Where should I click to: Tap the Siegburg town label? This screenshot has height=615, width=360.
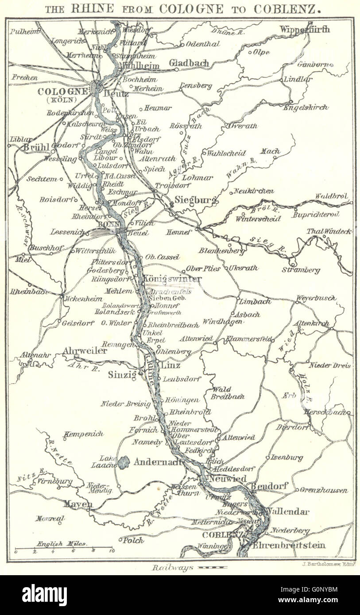195,200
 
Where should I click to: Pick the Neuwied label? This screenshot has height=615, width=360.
227,479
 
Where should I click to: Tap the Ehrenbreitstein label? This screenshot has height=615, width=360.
289,545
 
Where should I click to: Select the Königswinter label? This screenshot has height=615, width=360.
172,279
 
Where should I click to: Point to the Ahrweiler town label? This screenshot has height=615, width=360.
85,350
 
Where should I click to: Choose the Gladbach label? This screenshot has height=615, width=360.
189,63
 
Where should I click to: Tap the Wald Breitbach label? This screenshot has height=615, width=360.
228,393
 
